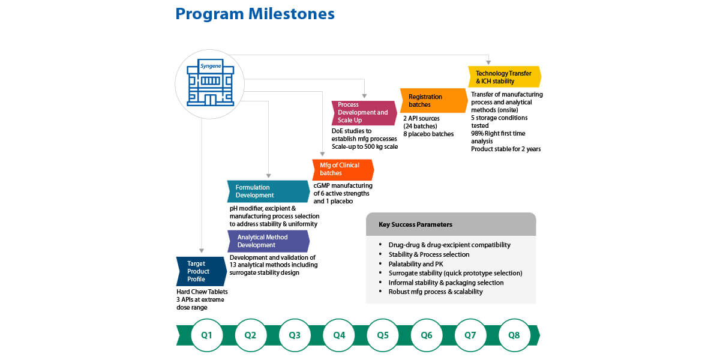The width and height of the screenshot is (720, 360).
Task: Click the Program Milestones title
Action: pos(255,14)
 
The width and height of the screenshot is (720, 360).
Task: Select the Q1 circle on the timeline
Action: pos(206,335)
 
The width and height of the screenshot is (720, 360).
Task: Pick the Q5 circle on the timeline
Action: pos(383,335)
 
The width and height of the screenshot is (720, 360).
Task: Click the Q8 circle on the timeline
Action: pos(514,335)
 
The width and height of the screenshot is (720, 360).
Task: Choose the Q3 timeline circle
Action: pos(295,335)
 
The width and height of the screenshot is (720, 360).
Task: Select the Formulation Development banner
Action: pos(267,191)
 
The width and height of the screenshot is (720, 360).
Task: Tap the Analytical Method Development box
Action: pos(268,241)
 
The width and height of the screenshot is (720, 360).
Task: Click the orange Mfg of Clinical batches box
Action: pos(342,169)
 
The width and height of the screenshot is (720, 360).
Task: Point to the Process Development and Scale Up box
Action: pos(364,113)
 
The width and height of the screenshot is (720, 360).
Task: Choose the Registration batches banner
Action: pos(433,100)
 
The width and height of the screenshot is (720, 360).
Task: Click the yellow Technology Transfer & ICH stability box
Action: pos(504,77)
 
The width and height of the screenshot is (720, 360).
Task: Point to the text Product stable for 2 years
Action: pos(506,149)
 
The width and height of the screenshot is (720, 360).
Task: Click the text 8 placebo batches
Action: pos(428,134)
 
